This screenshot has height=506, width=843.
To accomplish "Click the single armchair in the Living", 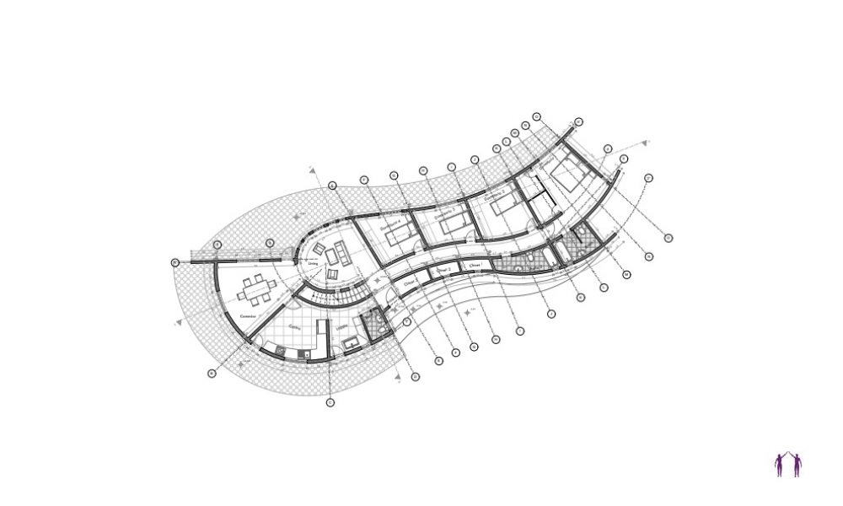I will [331, 275].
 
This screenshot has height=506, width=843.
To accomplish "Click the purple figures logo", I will [787, 465].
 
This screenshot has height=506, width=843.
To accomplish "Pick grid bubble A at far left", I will [175, 262].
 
